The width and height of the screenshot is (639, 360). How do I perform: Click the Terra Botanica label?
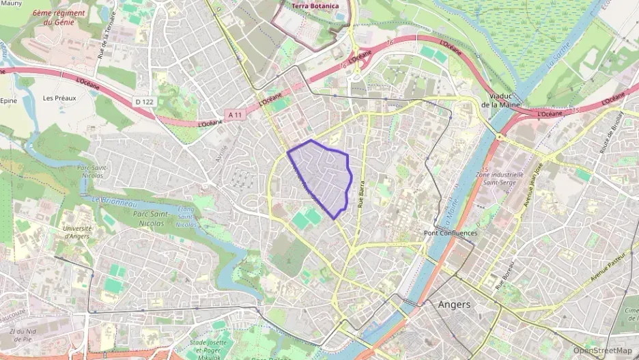pyautogui.click(x=315, y=6)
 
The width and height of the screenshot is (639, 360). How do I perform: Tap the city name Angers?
pyautogui.click(x=454, y=305)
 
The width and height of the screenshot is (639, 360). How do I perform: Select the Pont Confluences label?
pyautogui.click(x=451, y=233)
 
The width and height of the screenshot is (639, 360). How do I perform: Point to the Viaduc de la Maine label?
pyautogui.click(x=505, y=100)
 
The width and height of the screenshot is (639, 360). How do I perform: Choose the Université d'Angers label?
pyautogui.click(x=76, y=232)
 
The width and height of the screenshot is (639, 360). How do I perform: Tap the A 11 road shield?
pyautogui.click(x=236, y=114)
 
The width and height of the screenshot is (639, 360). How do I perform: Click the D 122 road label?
pyautogui.click(x=143, y=102)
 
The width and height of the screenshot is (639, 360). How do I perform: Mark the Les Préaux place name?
pyautogui.click(x=59, y=98)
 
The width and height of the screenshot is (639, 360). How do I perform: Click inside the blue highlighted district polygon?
pyautogui.click(x=321, y=176)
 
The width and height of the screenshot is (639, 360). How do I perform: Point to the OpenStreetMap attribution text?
pyautogui.click(x=603, y=350)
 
